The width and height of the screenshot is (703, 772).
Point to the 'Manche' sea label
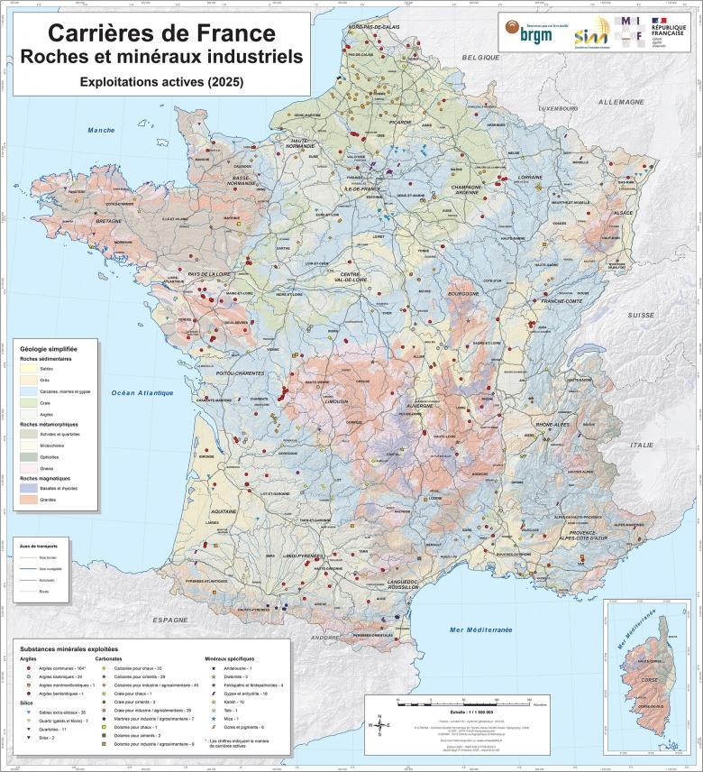point(101,131)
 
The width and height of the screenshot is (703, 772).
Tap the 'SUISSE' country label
point(641,315)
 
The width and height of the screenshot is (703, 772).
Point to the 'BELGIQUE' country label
point(480,56)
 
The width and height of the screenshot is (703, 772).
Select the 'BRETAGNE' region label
point(108,221)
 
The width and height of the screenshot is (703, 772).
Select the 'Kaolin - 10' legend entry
point(236,701)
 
